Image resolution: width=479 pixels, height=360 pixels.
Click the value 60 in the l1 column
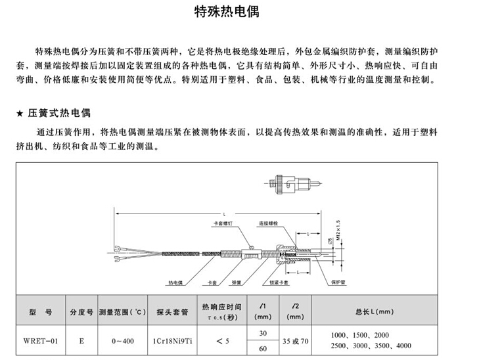(x=262, y=348)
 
